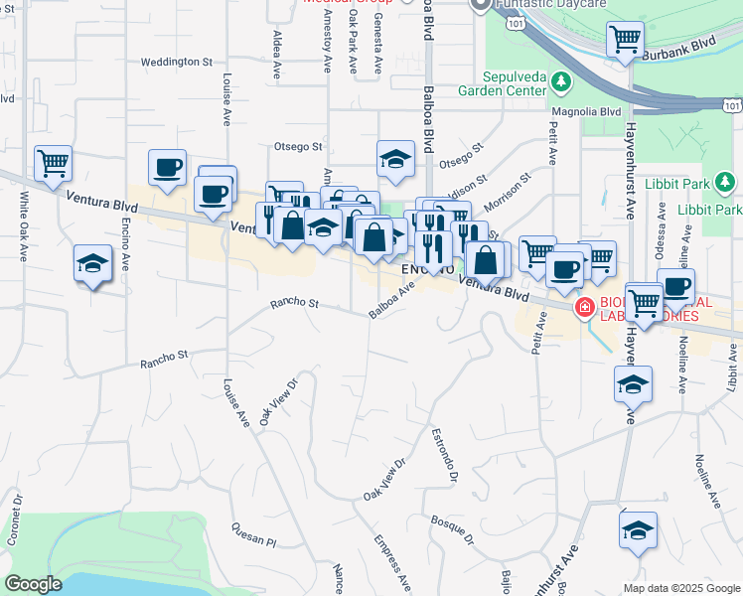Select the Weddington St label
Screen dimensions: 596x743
click(177, 62)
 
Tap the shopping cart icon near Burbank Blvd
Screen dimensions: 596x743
click(626, 41)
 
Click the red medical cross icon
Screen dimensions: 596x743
click(584, 308)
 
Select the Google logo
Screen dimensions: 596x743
click(33, 584)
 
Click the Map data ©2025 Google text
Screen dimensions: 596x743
click(680, 588)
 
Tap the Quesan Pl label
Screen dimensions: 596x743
click(252, 534)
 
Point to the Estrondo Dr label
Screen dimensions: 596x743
click(443, 456)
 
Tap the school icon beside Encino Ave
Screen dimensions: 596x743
click(92, 264)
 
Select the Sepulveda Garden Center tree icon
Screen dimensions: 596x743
click(562, 80)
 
